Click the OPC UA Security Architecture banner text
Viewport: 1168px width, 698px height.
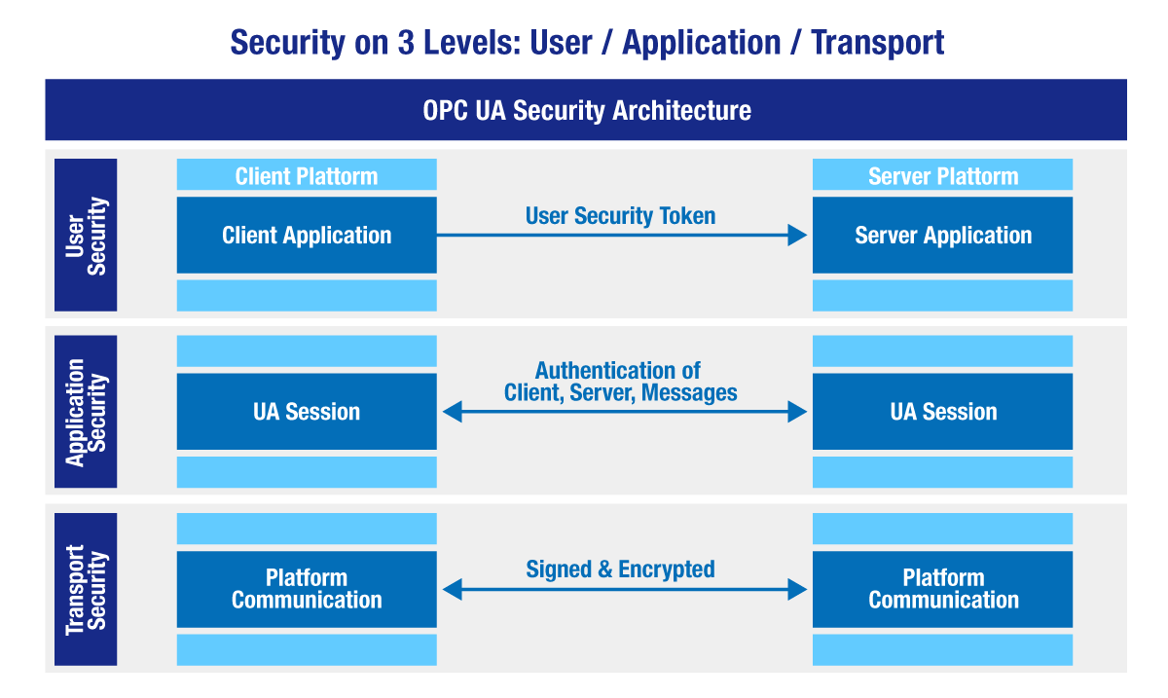pyautogui.click(x=586, y=110)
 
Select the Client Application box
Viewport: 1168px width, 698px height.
pyautogui.click(x=307, y=235)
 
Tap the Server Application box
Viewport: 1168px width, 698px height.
pyautogui.click(x=942, y=235)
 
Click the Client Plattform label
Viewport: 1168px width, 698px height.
pyautogui.click(x=307, y=176)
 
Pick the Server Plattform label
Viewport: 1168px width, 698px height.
pyautogui.click(x=942, y=176)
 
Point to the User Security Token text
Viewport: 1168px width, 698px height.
pyautogui.click(x=620, y=216)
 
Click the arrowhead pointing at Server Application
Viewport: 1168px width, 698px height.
pyautogui.click(x=798, y=235)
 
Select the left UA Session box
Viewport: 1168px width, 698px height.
pyautogui.click(x=307, y=412)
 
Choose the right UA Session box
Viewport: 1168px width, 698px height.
pyautogui.click(x=942, y=412)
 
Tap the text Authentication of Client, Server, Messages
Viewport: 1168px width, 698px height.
pyautogui.click(x=620, y=382)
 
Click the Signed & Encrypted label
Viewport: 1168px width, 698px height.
pyautogui.click(x=620, y=569)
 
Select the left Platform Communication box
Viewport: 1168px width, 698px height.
pyautogui.click(x=307, y=589)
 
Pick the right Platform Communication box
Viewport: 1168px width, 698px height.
pyautogui.click(x=942, y=589)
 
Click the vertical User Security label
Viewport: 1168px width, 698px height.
pyautogui.click(x=86, y=236)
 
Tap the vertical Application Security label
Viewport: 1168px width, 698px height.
pyautogui.click(x=86, y=412)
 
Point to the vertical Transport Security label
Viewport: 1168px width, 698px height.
pyautogui.click(x=86, y=589)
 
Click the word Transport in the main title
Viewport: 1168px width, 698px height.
pyautogui.click(x=877, y=43)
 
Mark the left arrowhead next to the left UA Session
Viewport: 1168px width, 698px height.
pyautogui.click(x=452, y=413)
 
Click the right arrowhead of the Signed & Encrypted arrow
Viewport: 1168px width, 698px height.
pyautogui.click(x=798, y=589)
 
